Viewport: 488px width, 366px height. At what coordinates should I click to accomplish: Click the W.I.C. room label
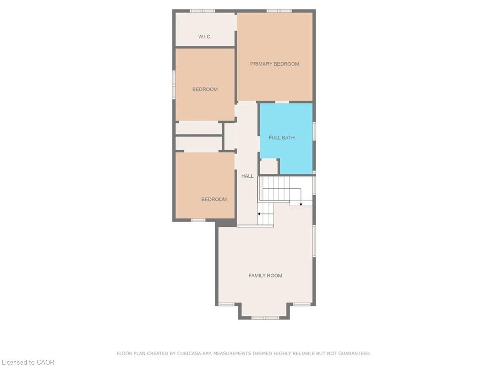(x=205, y=37)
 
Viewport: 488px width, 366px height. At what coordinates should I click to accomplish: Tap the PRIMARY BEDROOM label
(x=274, y=64)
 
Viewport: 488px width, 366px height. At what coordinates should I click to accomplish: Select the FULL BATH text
(x=282, y=138)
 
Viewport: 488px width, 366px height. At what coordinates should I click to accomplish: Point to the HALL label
(x=247, y=176)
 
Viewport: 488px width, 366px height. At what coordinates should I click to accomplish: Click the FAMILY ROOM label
(x=265, y=276)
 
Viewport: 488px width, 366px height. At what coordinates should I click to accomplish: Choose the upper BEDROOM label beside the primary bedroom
(x=205, y=89)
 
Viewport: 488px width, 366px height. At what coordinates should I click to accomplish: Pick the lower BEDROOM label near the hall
(x=214, y=200)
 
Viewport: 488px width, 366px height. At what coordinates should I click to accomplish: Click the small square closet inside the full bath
(x=269, y=166)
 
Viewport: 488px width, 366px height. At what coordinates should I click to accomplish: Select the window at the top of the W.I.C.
(x=202, y=11)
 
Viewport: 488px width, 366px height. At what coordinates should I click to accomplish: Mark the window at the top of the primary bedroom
(x=279, y=11)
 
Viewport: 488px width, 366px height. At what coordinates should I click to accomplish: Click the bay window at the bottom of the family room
(x=265, y=318)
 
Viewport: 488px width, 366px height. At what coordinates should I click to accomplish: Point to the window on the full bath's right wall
(x=314, y=131)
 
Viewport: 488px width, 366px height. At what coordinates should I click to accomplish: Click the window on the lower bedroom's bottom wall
(x=198, y=220)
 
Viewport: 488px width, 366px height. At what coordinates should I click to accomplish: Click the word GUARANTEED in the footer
(x=354, y=353)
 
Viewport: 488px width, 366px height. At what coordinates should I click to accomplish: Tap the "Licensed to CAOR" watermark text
(x=28, y=362)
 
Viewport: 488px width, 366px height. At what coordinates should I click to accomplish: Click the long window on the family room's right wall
(x=314, y=241)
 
